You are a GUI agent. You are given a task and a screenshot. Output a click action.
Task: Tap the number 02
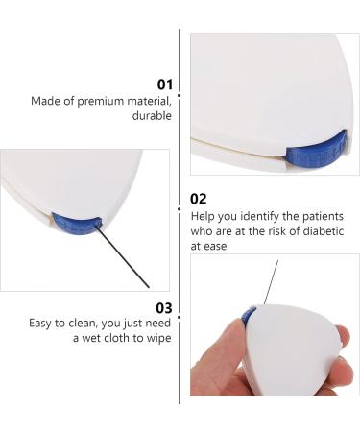pyautogui.click(x=199, y=199)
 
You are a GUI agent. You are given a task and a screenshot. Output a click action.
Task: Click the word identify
pyautogui.click(x=253, y=216)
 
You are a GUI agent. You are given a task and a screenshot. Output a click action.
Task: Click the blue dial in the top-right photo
pyautogui.click(x=315, y=156)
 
